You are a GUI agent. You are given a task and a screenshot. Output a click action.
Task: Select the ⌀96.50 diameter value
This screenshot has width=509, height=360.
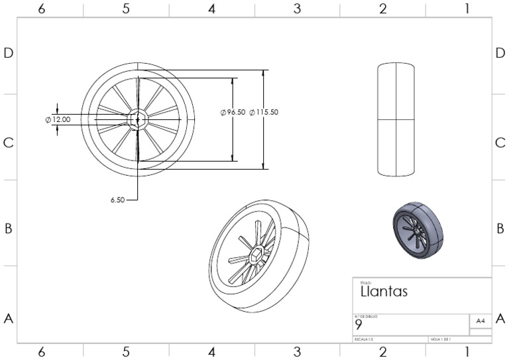233,113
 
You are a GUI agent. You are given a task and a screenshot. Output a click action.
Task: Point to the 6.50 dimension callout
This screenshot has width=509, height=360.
117,199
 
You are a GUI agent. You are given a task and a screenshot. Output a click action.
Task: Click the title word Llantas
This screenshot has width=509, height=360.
384,291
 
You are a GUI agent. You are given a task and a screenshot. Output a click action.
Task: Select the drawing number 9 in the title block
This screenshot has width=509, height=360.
359,326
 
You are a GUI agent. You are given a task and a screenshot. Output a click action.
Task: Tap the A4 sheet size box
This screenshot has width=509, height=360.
480,321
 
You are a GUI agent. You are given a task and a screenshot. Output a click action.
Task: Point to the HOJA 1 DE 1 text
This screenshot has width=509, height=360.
441,339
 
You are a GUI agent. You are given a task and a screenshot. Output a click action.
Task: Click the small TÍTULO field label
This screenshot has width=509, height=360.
364,283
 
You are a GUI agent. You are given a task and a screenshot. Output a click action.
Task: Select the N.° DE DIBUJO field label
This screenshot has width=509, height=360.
367,316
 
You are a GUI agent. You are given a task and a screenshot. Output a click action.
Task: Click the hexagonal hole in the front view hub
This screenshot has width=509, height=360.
137,119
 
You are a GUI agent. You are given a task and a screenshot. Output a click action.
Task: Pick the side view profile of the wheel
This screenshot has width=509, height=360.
396,119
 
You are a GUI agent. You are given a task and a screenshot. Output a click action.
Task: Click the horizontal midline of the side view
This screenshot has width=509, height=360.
396,119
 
